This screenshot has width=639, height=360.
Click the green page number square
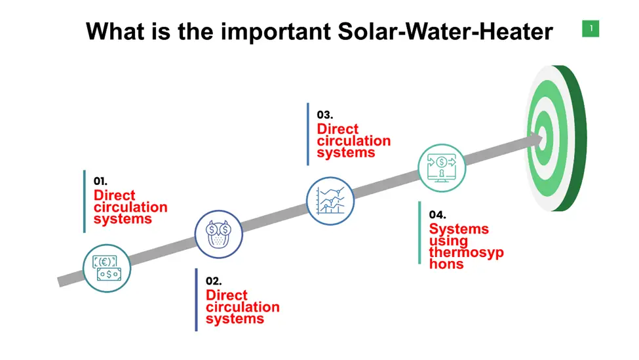pos(591,29)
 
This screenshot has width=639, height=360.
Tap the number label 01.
pos(100,181)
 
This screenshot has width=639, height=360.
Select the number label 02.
pos(214,281)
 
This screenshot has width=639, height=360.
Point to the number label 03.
pos(325,115)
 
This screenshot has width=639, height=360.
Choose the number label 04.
pos(437,214)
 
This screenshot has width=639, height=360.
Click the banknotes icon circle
pos(107,268)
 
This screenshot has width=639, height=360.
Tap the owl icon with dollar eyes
pos(218,235)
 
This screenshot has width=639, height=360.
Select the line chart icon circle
pos(330,201)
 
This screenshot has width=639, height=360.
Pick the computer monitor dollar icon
pos(442,168)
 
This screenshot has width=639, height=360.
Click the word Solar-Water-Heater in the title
pos(446,31)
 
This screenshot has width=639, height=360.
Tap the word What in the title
pos(115,31)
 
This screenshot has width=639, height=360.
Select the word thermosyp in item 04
pos(466,252)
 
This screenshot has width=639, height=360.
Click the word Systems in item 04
pos(459,229)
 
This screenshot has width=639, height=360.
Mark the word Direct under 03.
pos(338,129)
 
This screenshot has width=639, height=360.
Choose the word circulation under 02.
pos(242,307)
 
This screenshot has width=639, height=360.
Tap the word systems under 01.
pos(123,219)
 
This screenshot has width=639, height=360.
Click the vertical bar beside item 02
pos(197,300)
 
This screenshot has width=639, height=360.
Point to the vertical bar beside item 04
pos(419,233)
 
